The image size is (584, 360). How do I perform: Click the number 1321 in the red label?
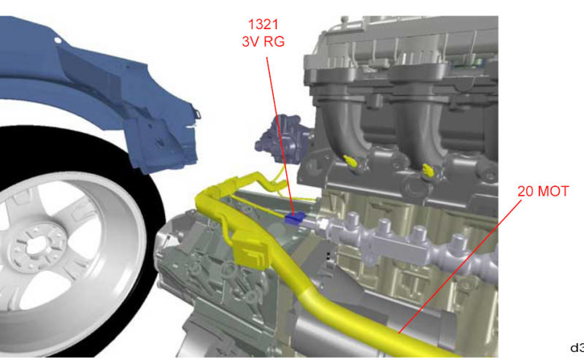click(x=263, y=25)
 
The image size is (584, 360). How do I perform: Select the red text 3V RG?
click(x=264, y=42)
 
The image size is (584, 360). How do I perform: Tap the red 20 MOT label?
click(x=543, y=191)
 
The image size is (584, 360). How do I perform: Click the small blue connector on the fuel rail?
click(x=295, y=218)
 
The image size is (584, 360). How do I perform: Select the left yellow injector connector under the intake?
click(x=350, y=161)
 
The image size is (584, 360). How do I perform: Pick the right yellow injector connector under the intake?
click(x=428, y=170)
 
